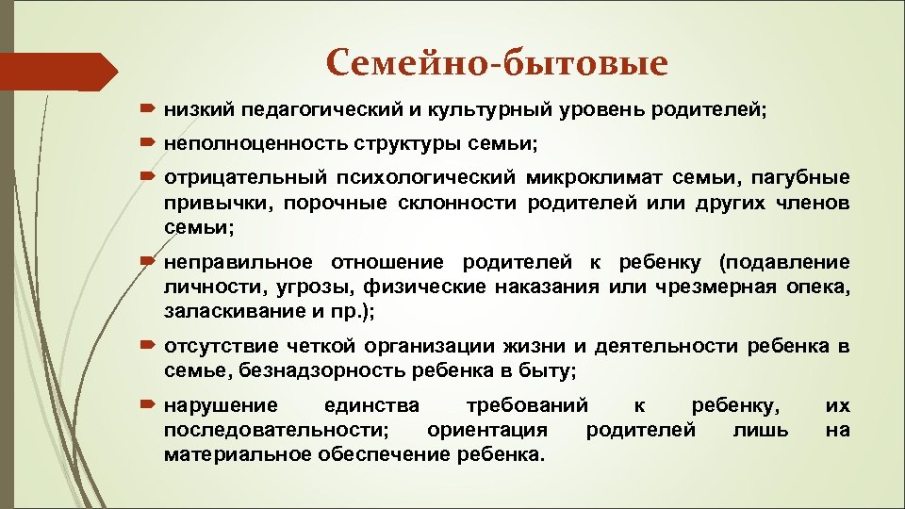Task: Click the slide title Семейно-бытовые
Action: [497, 63]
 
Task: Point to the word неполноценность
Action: [241, 144]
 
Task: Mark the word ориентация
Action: [487, 431]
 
